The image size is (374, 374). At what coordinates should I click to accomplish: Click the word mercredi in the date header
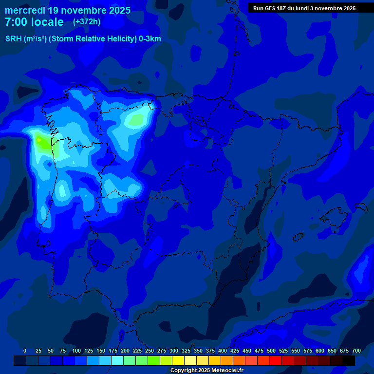click(x=25, y=10)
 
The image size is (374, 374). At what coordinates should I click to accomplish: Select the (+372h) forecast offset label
click(x=86, y=22)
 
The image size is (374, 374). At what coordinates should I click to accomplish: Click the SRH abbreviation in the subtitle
click(x=14, y=39)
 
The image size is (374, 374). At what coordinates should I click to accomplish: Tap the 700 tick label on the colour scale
click(x=356, y=351)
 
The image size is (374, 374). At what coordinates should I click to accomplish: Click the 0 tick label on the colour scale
click(x=25, y=351)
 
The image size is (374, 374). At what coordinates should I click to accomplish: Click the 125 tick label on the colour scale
click(x=88, y=351)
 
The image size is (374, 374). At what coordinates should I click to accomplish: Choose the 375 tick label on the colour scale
click(x=210, y=351)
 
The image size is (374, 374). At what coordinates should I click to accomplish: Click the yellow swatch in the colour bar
click(x=178, y=360)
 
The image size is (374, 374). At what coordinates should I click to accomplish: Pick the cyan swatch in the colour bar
click(x=117, y=360)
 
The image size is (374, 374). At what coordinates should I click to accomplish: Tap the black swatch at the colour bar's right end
click(x=349, y=360)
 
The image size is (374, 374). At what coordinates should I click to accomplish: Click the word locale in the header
click(x=48, y=22)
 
